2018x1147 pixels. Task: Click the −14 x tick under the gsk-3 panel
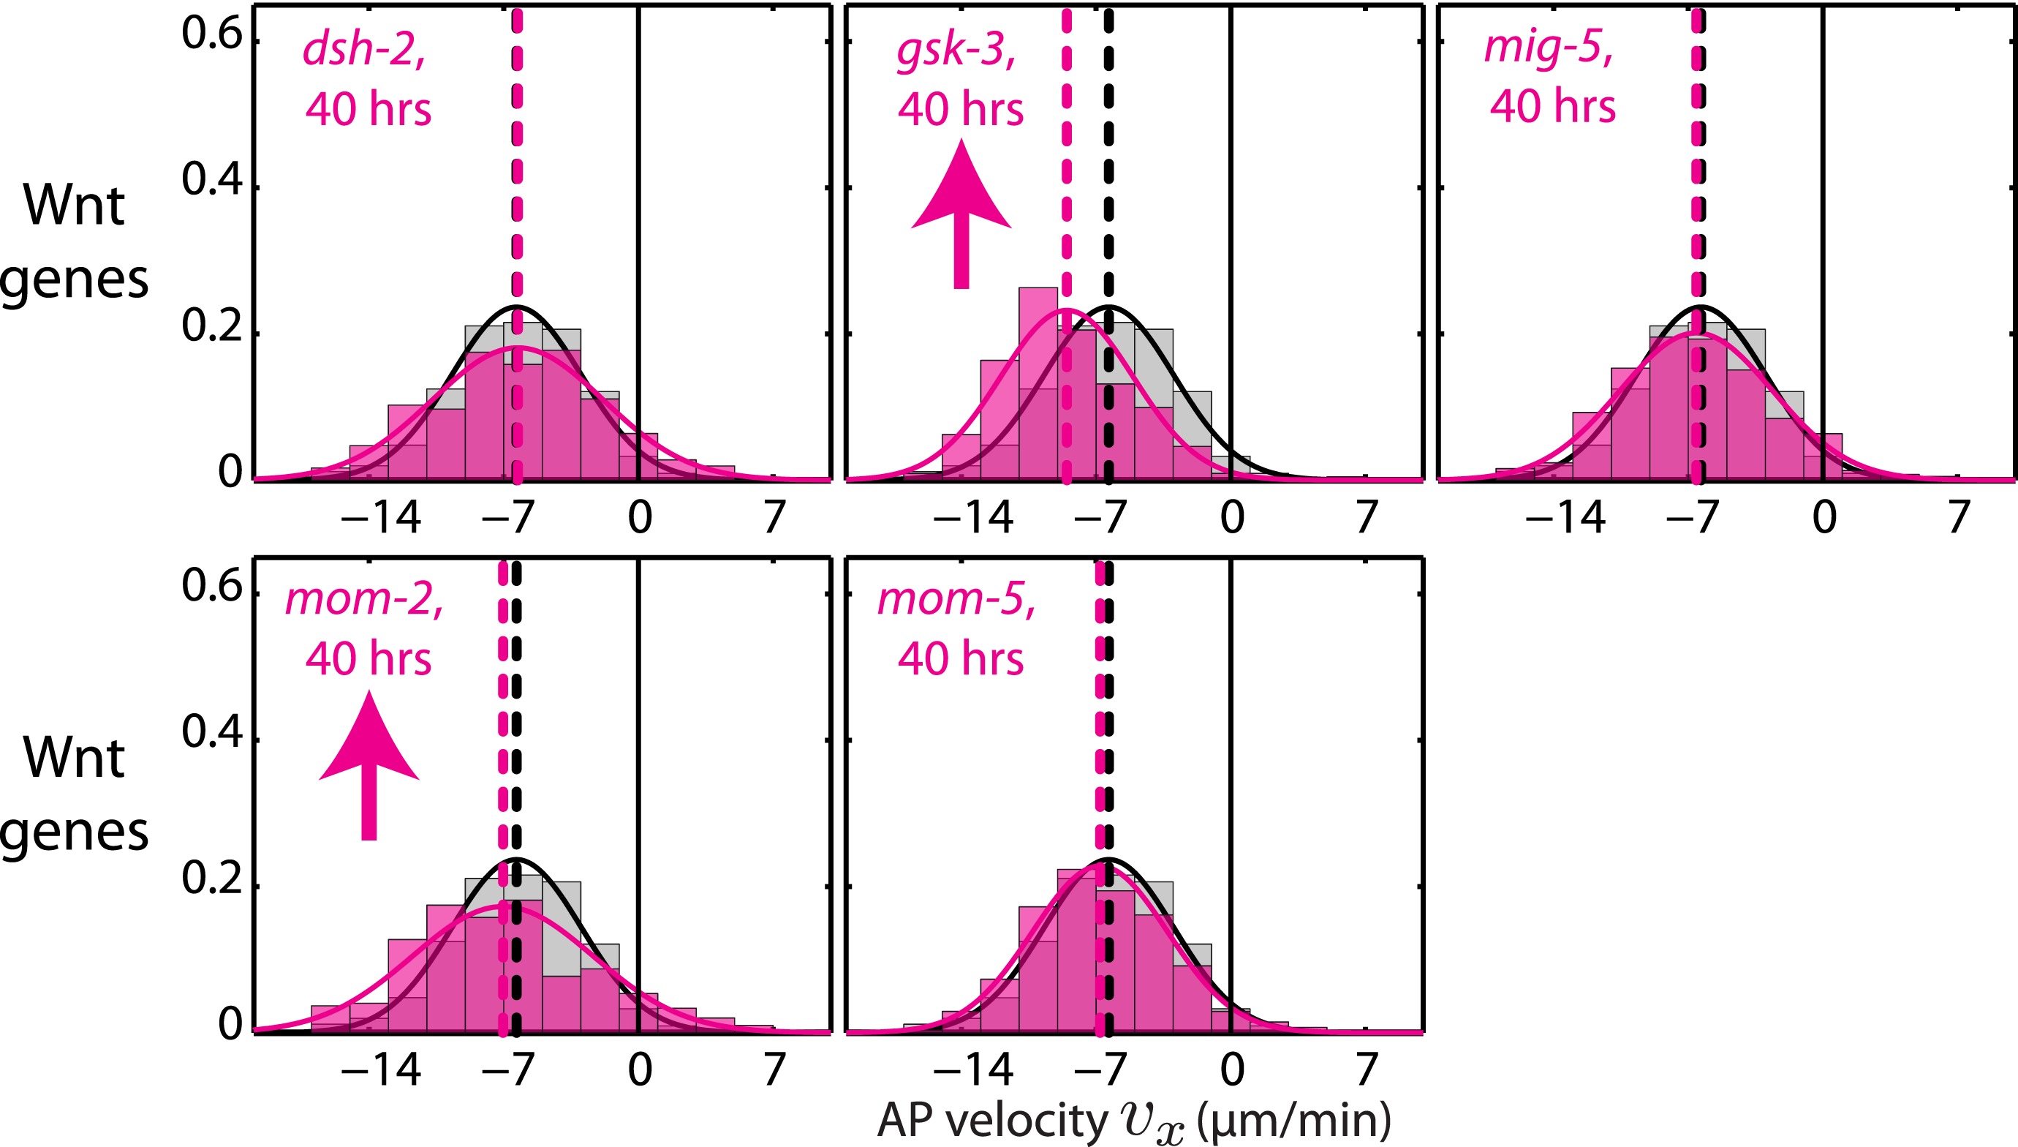click(972, 518)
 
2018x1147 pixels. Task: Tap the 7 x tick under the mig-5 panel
click(1958, 518)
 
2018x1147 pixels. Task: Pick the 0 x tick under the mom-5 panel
click(1231, 1069)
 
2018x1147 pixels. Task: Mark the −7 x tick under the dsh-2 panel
click(510, 518)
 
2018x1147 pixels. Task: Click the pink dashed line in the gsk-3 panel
click(1066, 157)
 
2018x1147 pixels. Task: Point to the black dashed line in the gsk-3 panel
click(1108, 157)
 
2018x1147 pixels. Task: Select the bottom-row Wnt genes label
click(74, 794)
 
